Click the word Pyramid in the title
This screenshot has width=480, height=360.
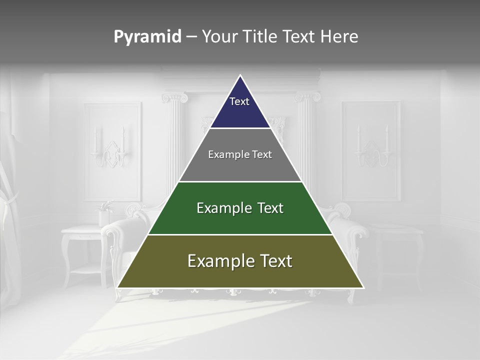[x=147, y=37]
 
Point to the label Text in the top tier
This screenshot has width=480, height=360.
[x=239, y=101]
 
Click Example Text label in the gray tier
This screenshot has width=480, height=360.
[x=240, y=154]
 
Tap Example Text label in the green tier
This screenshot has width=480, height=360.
[x=240, y=208]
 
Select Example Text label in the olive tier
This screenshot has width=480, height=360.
[x=240, y=261]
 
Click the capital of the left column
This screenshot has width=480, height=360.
[x=174, y=97]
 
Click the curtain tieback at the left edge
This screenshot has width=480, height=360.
[x=9, y=200]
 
